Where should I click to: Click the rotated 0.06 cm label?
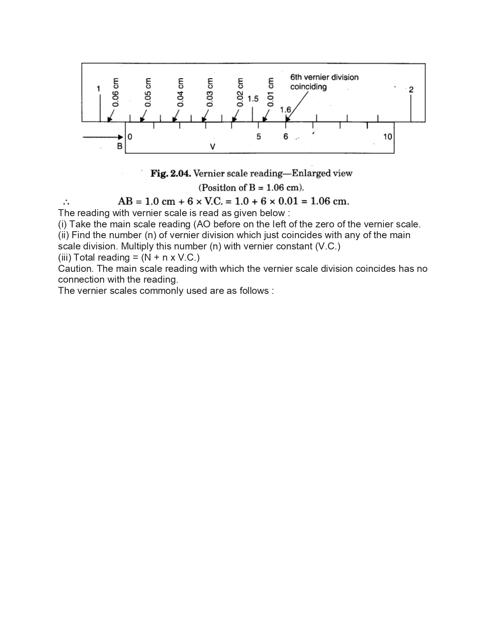point(115,92)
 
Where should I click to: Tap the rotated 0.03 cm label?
point(210,92)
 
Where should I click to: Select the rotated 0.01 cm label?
point(271,92)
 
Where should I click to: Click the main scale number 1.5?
point(253,99)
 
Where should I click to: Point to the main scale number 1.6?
point(285,110)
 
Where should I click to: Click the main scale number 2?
point(411,90)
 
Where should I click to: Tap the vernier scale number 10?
point(387,136)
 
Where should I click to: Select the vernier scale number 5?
point(259,136)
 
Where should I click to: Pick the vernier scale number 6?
point(286,136)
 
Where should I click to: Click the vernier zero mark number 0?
point(130,136)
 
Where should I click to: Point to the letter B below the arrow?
point(119,146)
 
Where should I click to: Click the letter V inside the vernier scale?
point(212,147)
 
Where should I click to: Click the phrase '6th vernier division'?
point(324,77)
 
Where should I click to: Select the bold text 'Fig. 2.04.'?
point(170,173)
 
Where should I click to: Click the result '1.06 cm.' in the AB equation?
point(329,201)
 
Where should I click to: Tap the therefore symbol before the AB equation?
point(66,202)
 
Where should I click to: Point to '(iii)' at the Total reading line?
point(65,258)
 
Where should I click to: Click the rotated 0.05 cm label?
point(148,92)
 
